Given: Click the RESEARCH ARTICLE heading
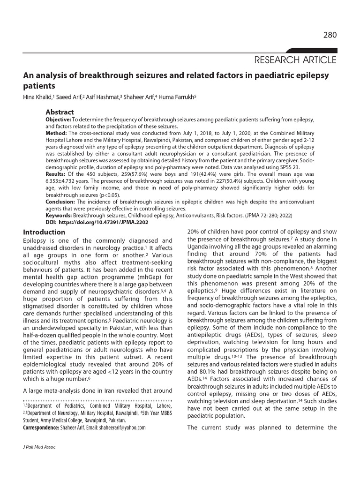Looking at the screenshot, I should [x=295, y=60].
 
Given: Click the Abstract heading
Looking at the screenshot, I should [x=60, y=112].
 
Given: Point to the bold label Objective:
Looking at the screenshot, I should [x=58, y=120].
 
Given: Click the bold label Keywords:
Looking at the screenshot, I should [x=59, y=215].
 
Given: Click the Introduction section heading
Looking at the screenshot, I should [x=44, y=232].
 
